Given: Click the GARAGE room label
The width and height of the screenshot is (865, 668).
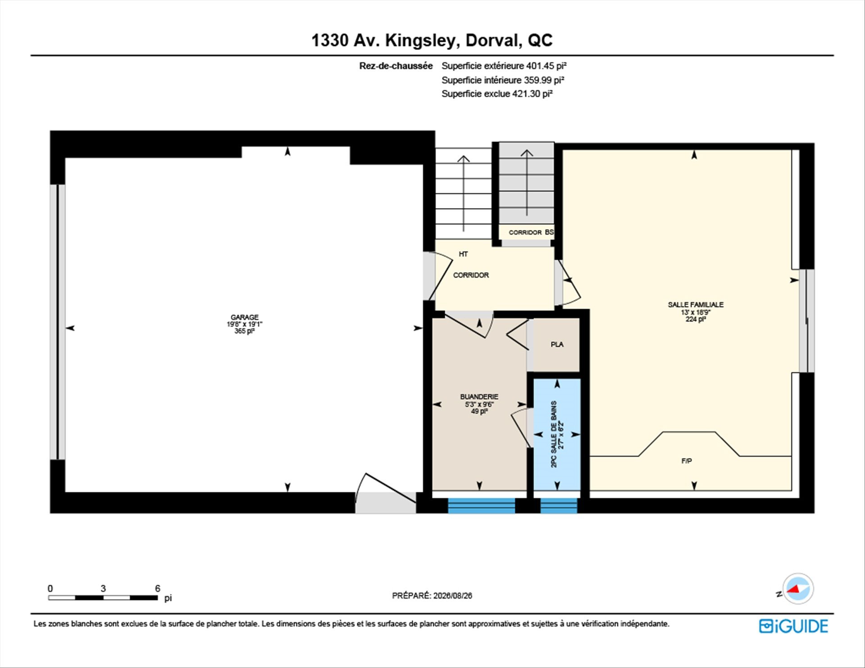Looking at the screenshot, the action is (245, 317).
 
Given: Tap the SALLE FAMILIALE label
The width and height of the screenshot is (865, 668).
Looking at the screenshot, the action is (696, 304).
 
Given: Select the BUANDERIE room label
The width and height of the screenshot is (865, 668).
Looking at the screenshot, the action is (479, 396).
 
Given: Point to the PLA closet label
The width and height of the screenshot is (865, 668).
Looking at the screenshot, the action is (557, 344).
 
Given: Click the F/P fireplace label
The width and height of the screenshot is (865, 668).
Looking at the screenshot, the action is (687, 461).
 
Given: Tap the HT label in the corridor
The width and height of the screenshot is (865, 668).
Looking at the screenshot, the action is (463, 254).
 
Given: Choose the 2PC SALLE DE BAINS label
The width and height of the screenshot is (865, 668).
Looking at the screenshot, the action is (554, 434).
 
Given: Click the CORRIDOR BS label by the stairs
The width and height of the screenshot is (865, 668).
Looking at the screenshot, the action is (531, 232).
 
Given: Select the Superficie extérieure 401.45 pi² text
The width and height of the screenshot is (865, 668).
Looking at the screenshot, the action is (504, 66).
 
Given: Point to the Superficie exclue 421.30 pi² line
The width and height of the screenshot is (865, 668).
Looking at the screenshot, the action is (497, 94).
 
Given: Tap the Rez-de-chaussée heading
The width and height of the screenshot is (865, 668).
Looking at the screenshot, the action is (396, 66).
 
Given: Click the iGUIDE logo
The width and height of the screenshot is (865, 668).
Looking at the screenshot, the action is (793, 626).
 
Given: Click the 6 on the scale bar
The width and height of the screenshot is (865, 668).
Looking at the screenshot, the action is (158, 588).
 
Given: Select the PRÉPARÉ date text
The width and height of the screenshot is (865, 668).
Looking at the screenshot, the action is (432, 595).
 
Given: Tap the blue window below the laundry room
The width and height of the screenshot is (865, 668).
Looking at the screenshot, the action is (481, 505).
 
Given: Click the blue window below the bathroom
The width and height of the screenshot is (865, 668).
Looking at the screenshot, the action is (559, 505).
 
